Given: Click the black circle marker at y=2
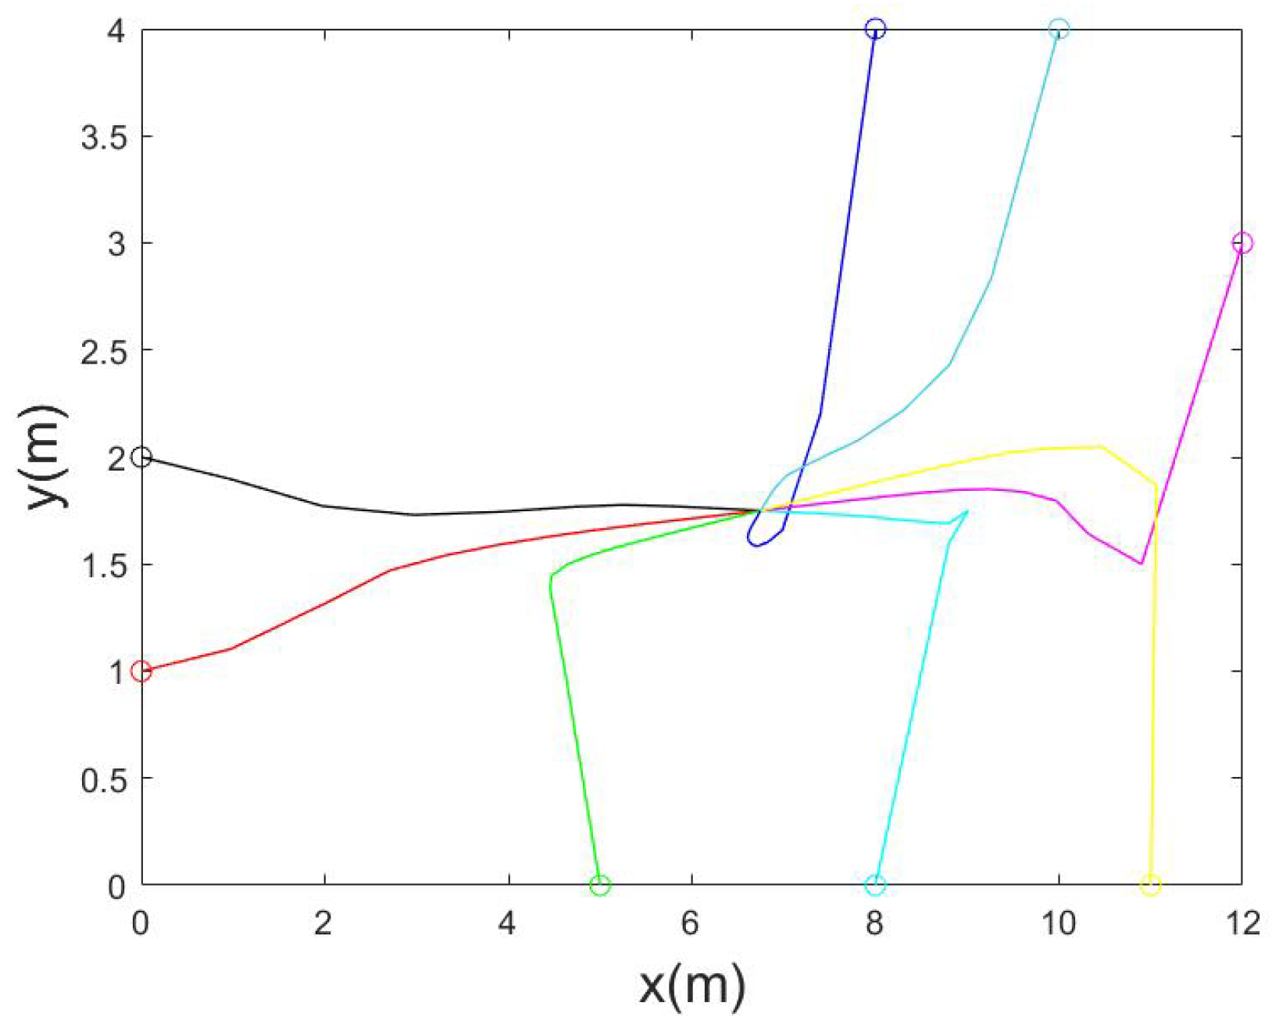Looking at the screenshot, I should (141, 457).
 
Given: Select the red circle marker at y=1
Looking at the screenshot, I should (141, 671).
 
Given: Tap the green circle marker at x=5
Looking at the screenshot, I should (599, 885).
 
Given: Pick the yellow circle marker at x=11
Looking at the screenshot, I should (1150, 885).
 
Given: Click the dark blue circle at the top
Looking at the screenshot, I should (875, 30).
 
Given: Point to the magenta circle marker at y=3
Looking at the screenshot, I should (1241, 243).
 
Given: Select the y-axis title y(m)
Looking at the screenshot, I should (48, 457).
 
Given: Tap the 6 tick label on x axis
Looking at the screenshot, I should (690, 924).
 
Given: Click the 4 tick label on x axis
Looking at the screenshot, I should (507, 924).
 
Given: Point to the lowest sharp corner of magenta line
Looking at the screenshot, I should (1141, 563).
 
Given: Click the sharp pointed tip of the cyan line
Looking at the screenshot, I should (967, 511).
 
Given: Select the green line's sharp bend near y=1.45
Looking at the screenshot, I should (552, 577).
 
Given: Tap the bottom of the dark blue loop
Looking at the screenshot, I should (756, 546).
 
